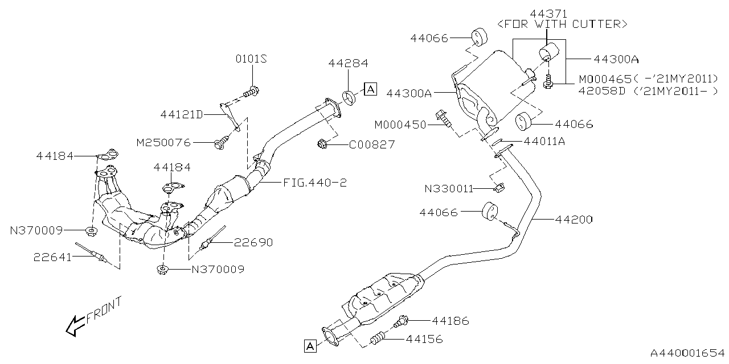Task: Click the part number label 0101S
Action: coord(251,60)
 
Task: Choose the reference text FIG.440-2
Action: coord(315,183)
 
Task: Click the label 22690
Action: coord(253,243)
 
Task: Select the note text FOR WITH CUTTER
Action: coord(563,24)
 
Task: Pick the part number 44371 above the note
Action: coord(547,13)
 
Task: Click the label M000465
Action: coord(604,79)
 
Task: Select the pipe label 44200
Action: coord(571,218)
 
